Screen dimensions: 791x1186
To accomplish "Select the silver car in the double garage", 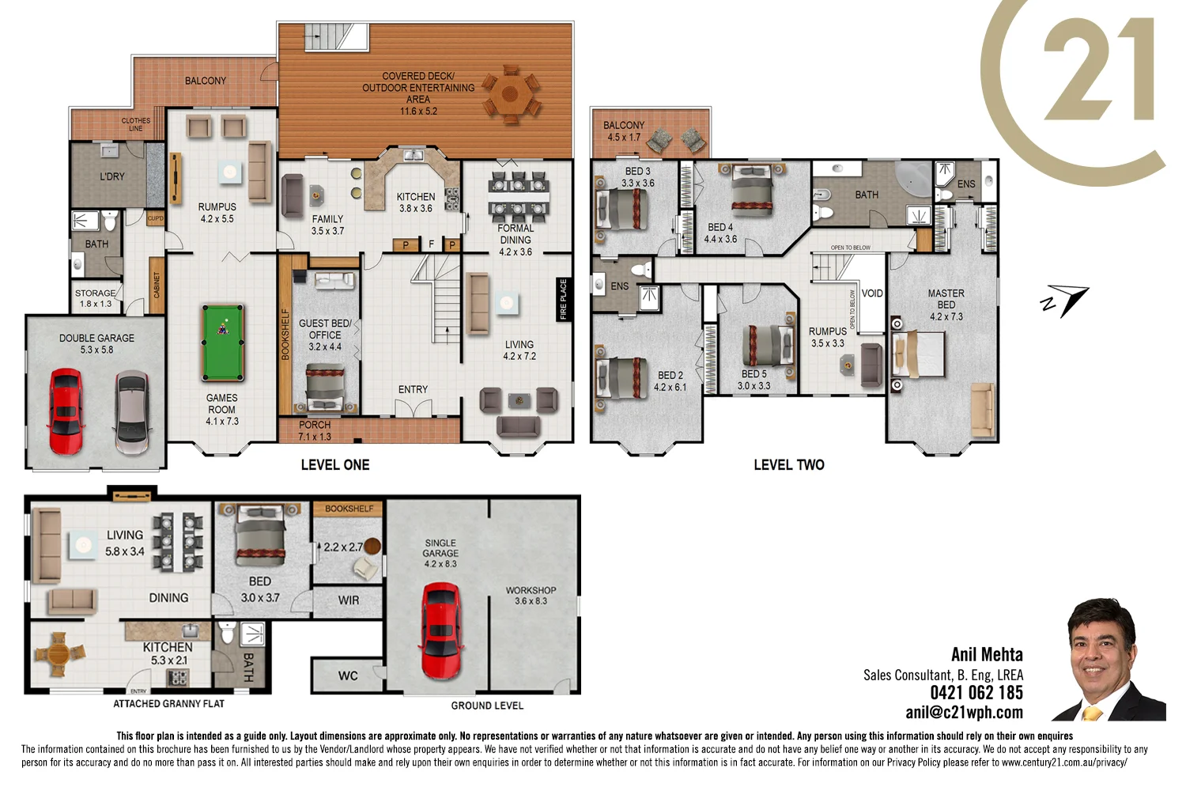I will click(x=132, y=412).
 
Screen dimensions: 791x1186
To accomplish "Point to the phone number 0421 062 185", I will click(x=976, y=693).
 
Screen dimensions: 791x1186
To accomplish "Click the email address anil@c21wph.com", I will click(x=964, y=713).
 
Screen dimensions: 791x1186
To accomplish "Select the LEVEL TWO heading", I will click(x=788, y=465).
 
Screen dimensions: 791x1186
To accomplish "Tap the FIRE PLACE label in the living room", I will click(x=563, y=299).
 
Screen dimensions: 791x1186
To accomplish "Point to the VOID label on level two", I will click(x=872, y=293).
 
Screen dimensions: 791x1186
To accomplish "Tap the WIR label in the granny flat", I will click(x=349, y=600).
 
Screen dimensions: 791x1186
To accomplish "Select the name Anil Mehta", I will click(x=987, y=655).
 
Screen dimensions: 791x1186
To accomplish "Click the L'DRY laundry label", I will click(x=112, y=176).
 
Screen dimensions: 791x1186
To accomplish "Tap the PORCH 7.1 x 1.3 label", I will click(x=315, y=431).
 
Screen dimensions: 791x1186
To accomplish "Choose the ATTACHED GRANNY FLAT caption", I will click(x=168, y=704).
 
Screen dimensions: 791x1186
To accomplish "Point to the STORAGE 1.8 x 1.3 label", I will click(x=96, y=298).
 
